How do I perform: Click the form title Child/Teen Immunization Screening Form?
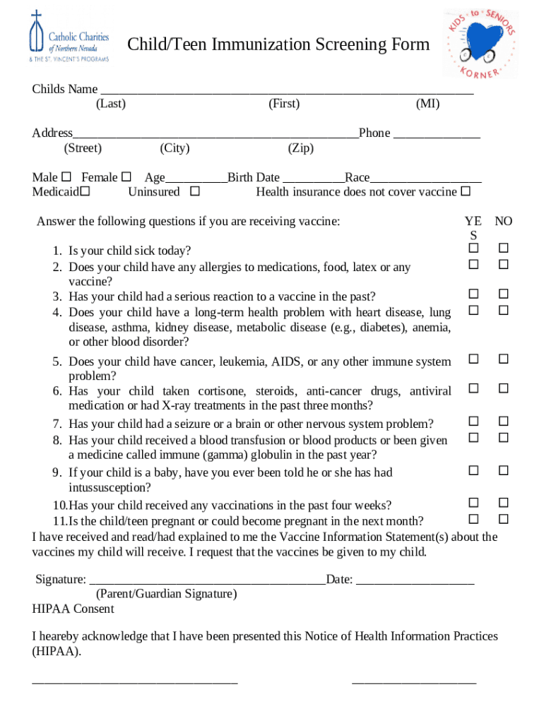(278, 45)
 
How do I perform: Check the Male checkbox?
(66, 177)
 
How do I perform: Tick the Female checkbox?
(126, 177)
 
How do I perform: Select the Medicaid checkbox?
(85, 191)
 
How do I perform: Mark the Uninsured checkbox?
(195, 191)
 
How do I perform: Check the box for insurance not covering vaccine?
(465, 191)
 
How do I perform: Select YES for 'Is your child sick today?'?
(473, 249)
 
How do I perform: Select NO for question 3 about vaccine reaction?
(504, 294)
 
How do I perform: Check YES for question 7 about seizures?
(473, 422)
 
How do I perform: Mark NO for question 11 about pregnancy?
(504, 519)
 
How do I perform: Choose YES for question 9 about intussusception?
(473, 470)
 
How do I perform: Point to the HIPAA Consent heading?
(73, 609)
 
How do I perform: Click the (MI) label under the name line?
(427, 104)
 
